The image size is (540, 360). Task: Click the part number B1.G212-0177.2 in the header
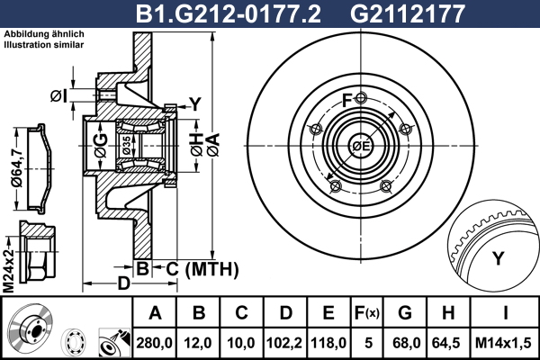(x=229, y=13)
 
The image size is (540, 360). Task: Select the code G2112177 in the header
(x=408, y=13)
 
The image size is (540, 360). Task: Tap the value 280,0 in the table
(x=154, y=343)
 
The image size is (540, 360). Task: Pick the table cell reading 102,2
(x=284, y=343)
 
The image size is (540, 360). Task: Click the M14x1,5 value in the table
(x=503, y=343)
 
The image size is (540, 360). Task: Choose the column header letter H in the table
(x=447, y=313)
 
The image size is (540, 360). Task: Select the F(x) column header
(x=367, y=313)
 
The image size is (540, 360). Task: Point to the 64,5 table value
(x=446, y=343)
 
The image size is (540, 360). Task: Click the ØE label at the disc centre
(x=361, y=146)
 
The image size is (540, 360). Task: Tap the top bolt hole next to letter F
(x=361, y=98)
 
